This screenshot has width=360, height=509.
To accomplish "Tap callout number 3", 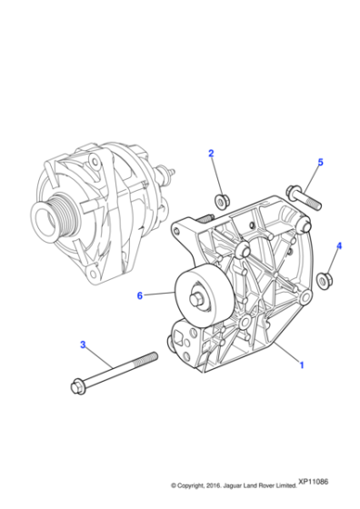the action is click(x=83, y=345).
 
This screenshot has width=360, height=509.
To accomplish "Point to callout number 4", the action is click(x=339, y=245).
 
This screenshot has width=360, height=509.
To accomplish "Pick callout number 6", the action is click(x=140, y=294).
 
